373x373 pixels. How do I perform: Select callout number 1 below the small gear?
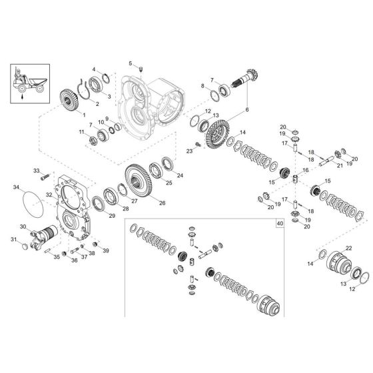coord(85,115)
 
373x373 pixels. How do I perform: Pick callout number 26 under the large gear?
coord(162,203)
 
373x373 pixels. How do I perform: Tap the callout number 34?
coord(17,188)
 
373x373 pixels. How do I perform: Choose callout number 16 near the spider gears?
coord(306,171)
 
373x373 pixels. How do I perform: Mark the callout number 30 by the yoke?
coord(23,227)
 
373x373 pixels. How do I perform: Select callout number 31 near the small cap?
coord(13,239)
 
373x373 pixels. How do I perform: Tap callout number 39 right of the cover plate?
coord(106,251)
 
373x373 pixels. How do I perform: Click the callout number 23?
coord(190,151)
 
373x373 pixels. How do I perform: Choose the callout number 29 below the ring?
coord(111,216)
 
